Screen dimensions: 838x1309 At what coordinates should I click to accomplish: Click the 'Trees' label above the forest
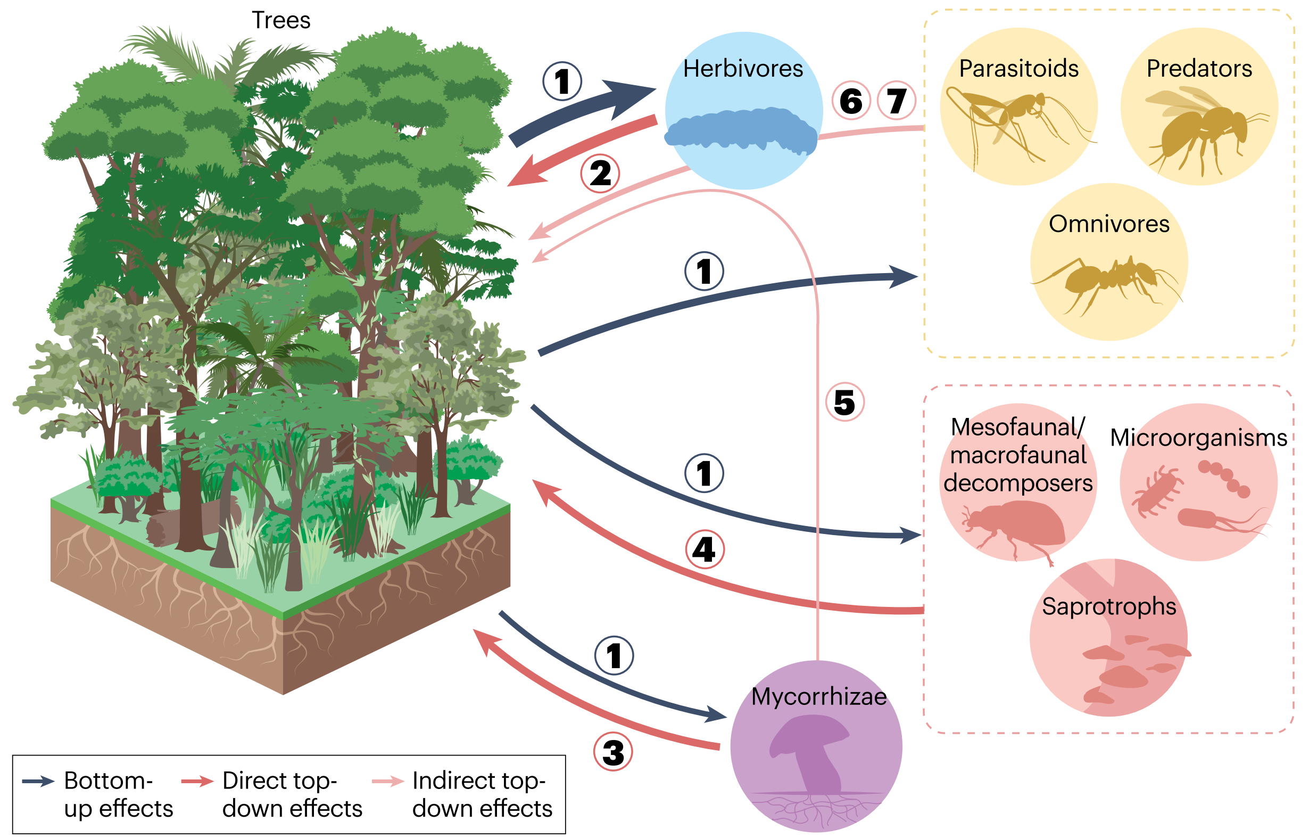pos(280,21)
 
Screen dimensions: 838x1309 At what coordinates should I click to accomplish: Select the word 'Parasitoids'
pos(1018,69)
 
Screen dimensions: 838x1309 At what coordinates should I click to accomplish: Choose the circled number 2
pos(600,174)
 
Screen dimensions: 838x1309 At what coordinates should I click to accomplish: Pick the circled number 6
pos(851,101)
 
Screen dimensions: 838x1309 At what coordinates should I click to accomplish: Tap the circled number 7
pos(897,101)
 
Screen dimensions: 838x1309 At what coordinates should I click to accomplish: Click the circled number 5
pos(844,402)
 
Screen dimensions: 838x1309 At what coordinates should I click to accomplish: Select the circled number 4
pos(705,549)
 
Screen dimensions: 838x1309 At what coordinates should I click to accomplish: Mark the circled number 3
pos(613,753)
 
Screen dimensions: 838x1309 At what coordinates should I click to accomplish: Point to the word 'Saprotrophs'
pos(1109,606)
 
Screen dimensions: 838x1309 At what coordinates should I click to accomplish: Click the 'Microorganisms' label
pos(1198,438)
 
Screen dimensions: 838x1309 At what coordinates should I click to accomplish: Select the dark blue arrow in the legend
pos(38,782)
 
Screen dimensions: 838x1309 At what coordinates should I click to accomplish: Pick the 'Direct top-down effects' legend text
pos(292,794)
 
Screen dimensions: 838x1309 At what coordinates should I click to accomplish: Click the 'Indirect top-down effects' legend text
pos(482,794)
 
